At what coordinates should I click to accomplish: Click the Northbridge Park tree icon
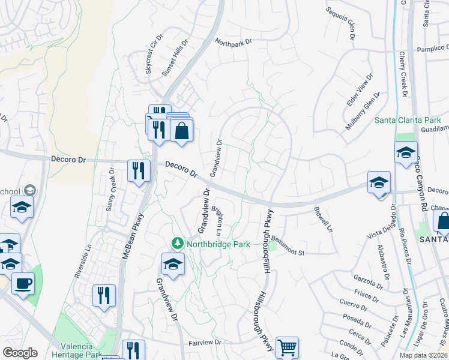pos(177,244)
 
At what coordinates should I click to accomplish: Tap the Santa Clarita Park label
pos(408,120)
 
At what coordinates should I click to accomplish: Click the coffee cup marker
pos(23,283)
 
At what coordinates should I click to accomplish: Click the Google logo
pos(20,353)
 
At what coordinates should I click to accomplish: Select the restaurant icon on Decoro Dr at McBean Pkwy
pos(139,170)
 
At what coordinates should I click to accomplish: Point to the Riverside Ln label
pos(83,260)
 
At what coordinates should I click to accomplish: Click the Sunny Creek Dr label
pos(110,190)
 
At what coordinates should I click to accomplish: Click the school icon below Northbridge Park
pos(172,264)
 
